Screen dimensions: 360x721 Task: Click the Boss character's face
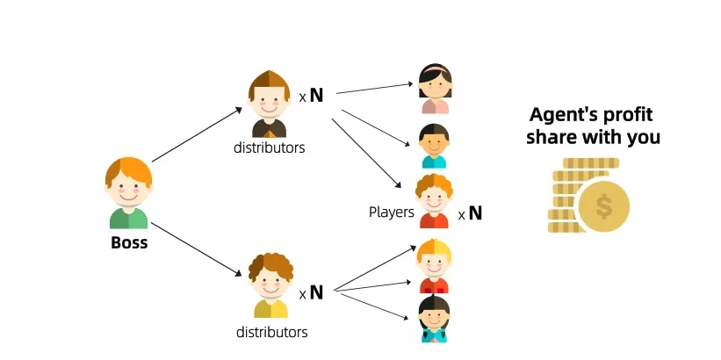pos(128,188)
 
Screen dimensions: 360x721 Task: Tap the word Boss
pos(129,242)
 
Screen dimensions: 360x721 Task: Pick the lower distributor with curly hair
pos(270,283)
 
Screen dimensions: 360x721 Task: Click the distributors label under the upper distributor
pos(269,148)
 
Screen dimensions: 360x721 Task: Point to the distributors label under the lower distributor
pos(271,332)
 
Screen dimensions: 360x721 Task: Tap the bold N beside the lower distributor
pos(316,292)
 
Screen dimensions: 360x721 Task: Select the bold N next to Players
pos(475,212)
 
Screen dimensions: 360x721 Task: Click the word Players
pos(391,212)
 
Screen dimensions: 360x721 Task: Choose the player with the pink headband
pos(435,88)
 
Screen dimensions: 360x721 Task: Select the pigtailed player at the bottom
pos(434,318)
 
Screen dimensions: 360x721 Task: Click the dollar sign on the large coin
pos(603,208)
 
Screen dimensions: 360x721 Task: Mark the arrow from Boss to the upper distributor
pos(197,135)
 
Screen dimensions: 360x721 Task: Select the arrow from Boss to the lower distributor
pos(197,250)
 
